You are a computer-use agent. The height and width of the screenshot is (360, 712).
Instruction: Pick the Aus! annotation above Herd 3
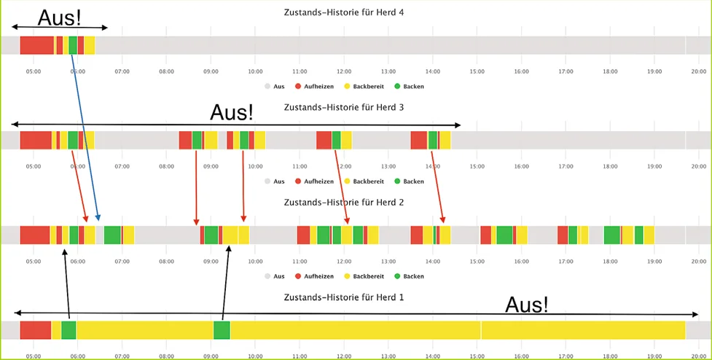pos(232,112)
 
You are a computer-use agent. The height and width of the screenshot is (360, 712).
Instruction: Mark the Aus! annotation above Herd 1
pos(526,304)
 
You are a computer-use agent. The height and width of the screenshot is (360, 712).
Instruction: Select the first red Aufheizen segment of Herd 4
pos(36,45)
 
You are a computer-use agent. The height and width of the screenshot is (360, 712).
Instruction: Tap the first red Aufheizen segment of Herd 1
pos(35,329)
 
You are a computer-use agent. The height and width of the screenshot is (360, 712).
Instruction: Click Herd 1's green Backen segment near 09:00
pos(222,329)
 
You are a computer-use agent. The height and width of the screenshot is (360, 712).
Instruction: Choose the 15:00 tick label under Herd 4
pos(477,71)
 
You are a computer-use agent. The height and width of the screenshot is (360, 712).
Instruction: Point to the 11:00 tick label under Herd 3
pos(300,166)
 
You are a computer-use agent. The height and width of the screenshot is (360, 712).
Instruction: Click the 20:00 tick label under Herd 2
pos(698,261)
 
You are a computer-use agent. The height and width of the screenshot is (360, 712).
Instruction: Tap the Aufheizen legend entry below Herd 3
pos(315,181)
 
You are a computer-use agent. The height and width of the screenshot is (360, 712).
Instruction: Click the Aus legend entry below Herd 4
pos(275,86)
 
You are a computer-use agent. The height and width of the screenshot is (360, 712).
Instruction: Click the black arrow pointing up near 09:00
pos(225,284)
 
